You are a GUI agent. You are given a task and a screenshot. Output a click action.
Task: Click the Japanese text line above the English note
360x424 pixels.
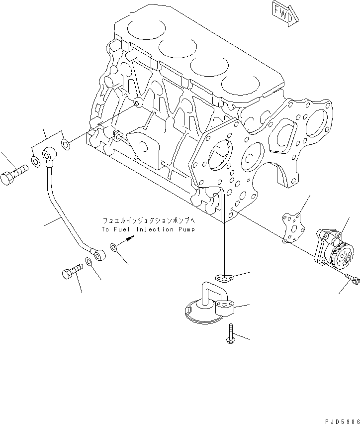(x=148, y=220)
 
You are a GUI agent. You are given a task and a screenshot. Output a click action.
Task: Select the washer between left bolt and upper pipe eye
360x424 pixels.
(x=35, y=161)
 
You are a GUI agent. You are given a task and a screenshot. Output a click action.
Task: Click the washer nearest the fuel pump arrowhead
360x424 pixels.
(x=114, y=246)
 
